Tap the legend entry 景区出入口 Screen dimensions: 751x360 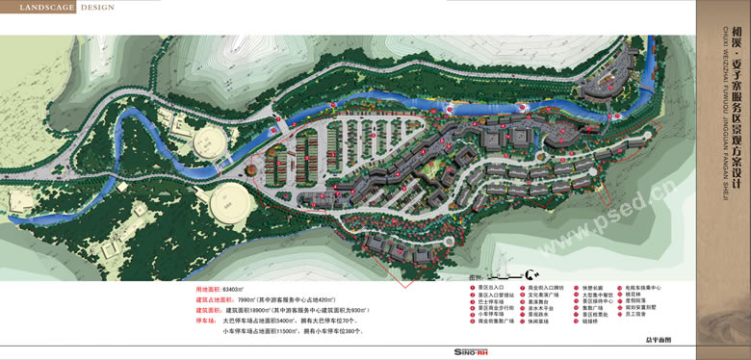click(496, 287)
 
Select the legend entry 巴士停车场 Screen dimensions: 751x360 click(496, 300)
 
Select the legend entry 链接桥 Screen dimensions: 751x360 click(590, 321)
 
